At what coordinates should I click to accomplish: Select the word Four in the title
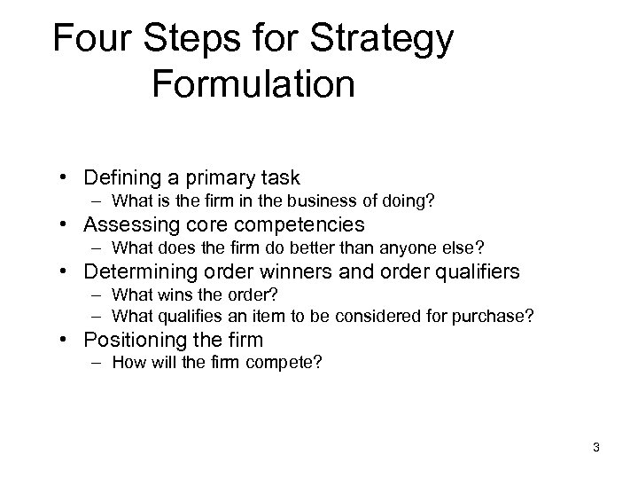click(x=87, y=40)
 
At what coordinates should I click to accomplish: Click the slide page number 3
click(x=596, y=448)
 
